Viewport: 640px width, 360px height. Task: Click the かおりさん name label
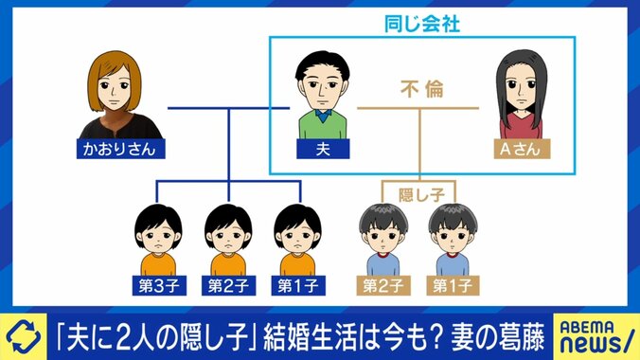(x=116, y=149)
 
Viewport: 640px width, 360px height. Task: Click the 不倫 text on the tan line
(x=420, y=93)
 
